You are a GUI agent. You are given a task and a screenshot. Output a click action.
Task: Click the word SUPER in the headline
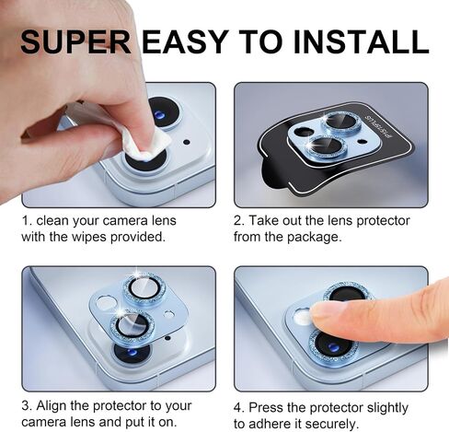tap(75, 41)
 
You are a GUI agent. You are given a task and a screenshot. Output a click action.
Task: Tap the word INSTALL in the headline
tap(361, 41)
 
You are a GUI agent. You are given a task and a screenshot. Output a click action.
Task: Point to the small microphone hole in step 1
tap(186, 142)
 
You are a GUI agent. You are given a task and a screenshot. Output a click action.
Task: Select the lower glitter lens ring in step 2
tap(327, 146)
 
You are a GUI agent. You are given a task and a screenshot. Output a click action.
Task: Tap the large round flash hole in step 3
tap(106, 302)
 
